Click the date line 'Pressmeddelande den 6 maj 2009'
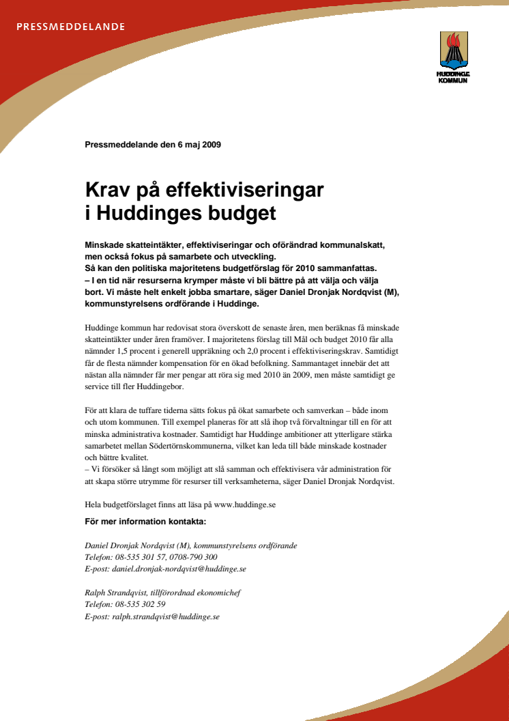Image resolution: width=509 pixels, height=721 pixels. [x=153, y=145]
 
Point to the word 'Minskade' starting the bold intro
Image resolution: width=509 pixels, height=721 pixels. [x=106, y=245]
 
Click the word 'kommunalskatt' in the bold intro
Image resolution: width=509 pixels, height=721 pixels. [x=351, y=245]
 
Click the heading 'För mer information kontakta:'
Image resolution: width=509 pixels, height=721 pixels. [x=145, y=522]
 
